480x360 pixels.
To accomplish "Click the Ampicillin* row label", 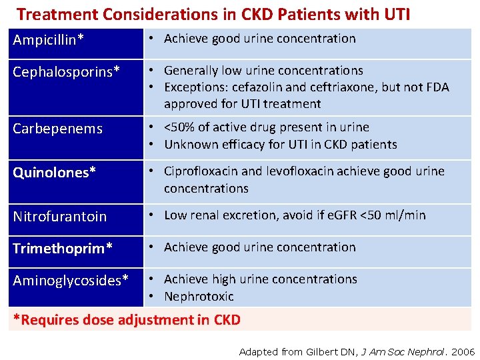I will [49, 40].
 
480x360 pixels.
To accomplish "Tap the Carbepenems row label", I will [57, 129].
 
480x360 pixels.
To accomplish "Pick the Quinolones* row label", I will [54, 173].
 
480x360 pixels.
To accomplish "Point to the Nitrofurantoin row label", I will [59, 216].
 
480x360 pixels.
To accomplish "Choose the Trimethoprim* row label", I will [63, 248].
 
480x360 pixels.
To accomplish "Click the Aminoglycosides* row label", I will [71, 281].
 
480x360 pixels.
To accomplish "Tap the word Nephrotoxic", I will [199, 297].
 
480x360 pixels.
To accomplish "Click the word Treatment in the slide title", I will [55, 14].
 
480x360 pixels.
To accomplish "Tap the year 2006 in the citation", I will [463, 351].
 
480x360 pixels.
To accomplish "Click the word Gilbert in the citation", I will [325, 351].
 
